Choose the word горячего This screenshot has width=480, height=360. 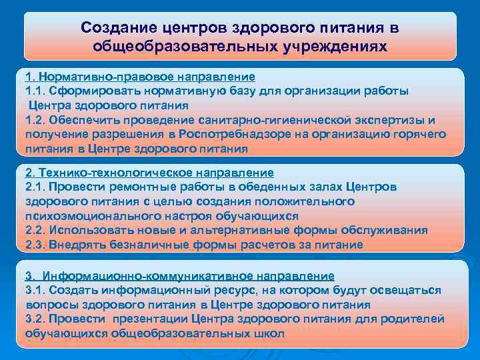pyautogui.click(x=418, y=134)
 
